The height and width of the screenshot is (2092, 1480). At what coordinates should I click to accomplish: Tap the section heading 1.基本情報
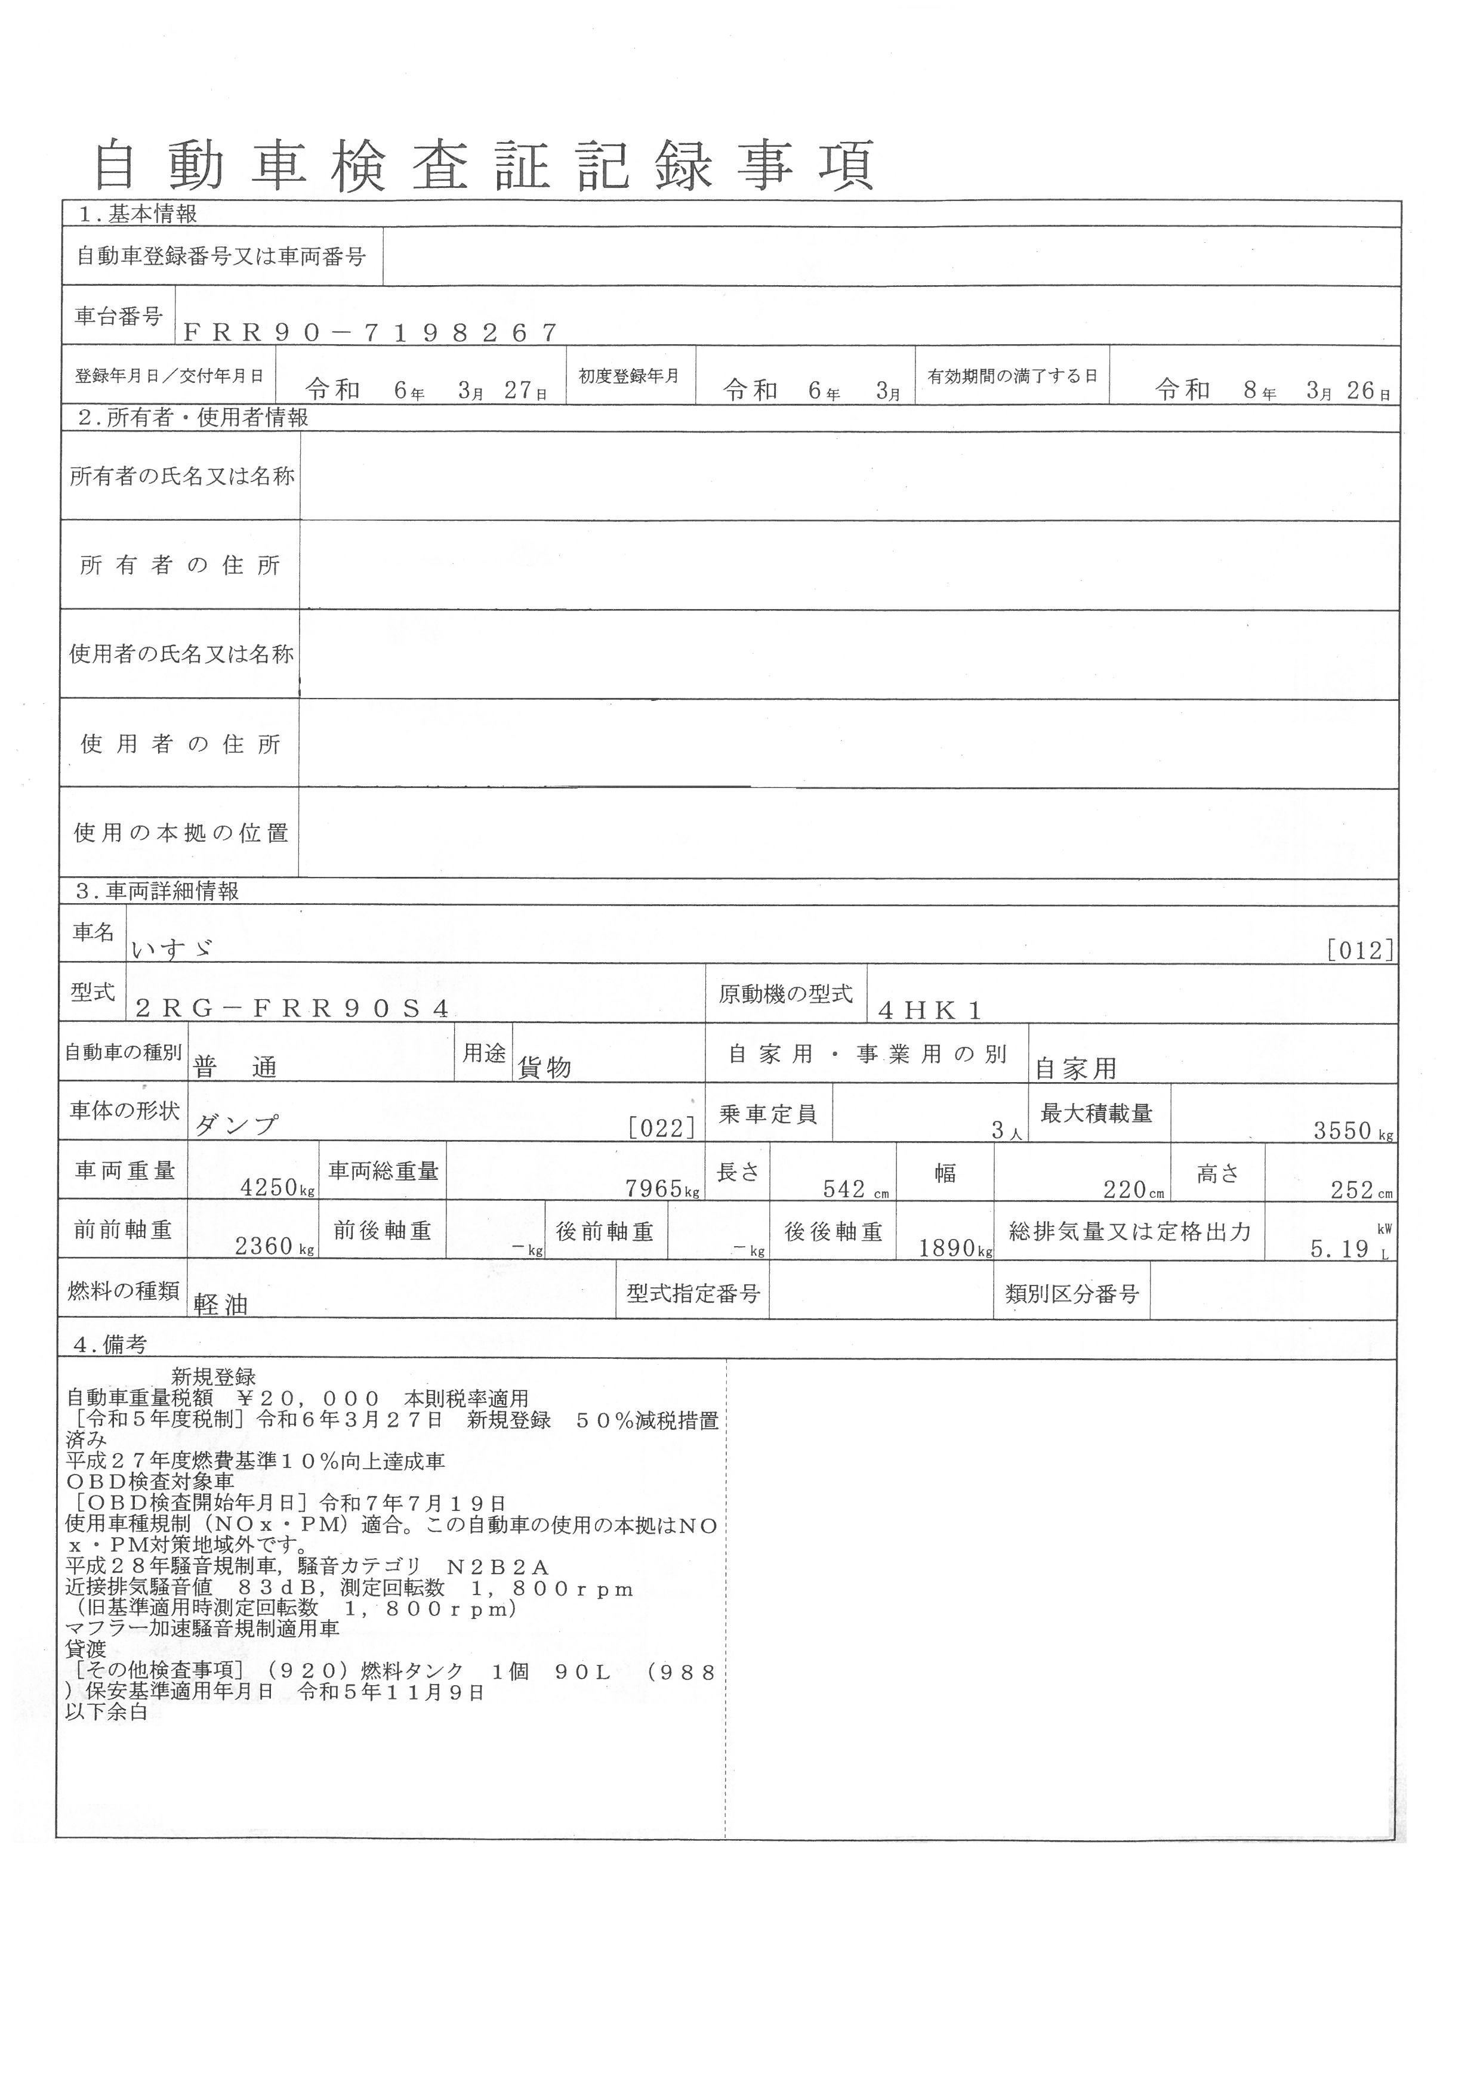pyautogui.click(x=138, y=214)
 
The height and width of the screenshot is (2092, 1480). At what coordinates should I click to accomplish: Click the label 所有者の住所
pyautogui.click(x=180, y=566)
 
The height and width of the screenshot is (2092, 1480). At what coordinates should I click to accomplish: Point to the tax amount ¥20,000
pyautogui.click(x=308, y=1399)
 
